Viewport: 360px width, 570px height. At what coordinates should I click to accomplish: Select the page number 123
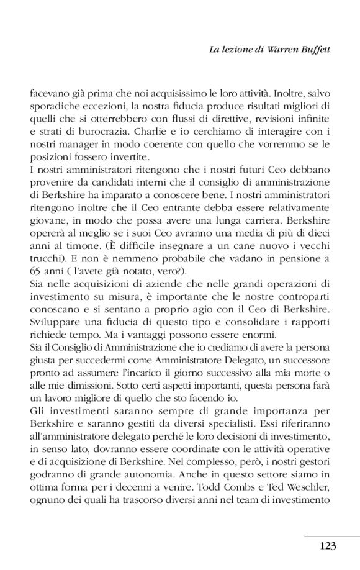point(328,546)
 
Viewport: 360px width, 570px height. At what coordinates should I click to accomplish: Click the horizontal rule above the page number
point(332,536)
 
